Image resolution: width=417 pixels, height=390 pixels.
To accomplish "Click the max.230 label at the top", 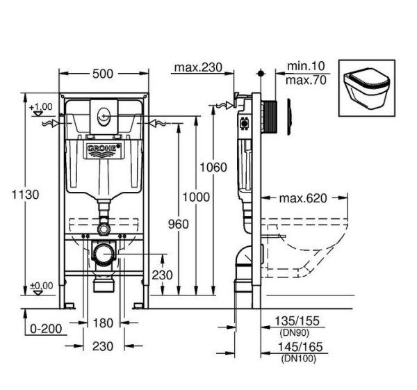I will click(x=197, y=67).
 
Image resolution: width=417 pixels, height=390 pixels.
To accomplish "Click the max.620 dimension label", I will click(x=303, y=199).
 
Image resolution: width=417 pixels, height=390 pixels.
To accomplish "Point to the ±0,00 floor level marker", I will click(x=41, y=286).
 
